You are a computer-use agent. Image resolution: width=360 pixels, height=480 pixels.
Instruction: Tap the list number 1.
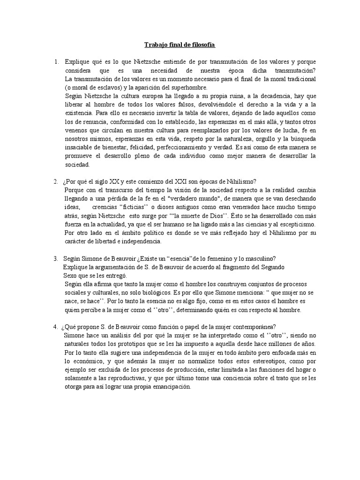pos(56,62)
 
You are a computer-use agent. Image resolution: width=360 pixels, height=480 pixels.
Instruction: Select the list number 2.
pos(56,182)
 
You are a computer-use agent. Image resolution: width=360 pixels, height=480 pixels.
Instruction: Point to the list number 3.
pos(56,259)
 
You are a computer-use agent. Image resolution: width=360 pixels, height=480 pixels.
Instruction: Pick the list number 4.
pos(56,327)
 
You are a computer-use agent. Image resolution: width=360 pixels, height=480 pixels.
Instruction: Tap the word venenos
pos(77,130)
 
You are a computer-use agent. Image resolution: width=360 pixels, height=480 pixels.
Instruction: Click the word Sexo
pos(72,276)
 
